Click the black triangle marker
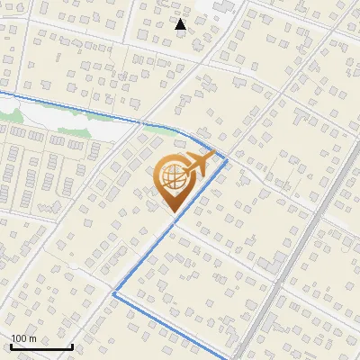(181, 24)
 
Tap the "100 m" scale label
(23, 338)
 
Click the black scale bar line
(41, 346)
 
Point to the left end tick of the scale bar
(11, 345)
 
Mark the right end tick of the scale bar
(72, 345)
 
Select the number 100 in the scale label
(18, 338)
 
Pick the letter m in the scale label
(32, 339)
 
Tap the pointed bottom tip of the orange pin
(173, 211)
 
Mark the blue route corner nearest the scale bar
(113, 292)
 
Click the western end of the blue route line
(2, 93)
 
